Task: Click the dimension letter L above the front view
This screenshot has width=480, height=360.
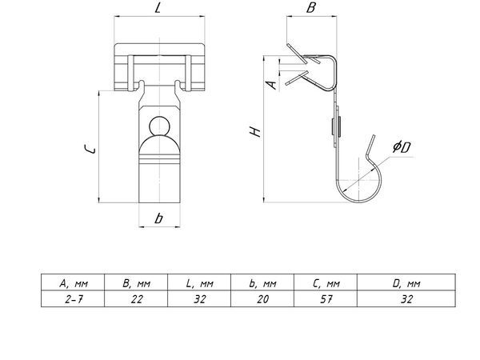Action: point(158,7)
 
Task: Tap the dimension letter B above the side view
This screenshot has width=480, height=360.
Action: point(311,7)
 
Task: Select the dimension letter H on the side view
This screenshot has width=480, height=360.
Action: point(255,132)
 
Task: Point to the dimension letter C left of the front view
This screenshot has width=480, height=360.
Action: point(90,149)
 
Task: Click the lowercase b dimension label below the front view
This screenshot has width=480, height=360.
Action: point(158,218)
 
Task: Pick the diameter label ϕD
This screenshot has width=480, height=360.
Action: point(402,147)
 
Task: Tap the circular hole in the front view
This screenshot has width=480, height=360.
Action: point(159,126)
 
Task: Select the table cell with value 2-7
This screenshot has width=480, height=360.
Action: point(73,298)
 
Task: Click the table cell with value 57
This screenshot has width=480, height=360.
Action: point(326,298)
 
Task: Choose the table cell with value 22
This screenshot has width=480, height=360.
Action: point(136,298)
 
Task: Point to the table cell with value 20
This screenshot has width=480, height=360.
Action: point(262,298)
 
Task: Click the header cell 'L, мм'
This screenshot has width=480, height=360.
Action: point(199,282)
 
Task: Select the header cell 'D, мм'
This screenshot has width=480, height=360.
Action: point(406,282)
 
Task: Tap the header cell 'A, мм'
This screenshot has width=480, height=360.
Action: point(73,282)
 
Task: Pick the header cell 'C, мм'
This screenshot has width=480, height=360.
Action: point(326,282)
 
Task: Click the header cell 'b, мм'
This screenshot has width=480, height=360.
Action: point(262,282)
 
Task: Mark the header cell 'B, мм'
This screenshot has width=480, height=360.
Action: point(136,282)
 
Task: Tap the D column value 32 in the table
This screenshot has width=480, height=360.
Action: point(406,298)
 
